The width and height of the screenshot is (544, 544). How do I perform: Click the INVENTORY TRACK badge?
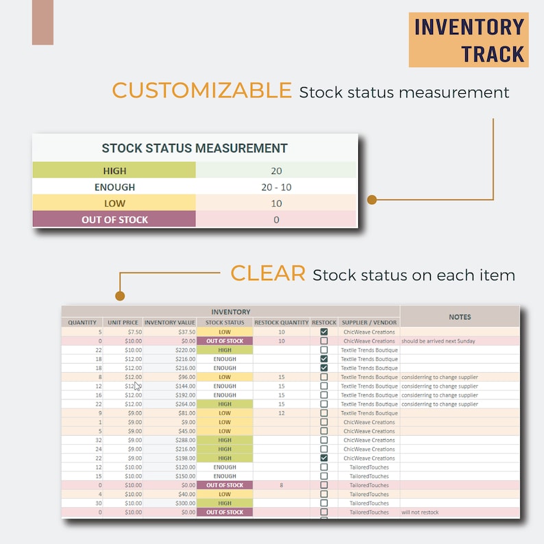coord(469,40)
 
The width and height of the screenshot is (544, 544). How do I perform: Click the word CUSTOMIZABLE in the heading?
coord(201,90)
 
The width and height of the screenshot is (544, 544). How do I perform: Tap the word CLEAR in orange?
coord(267,273)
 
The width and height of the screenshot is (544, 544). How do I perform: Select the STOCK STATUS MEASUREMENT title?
coord(195,148)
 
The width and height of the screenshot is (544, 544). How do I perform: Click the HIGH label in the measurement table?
coord(114,171)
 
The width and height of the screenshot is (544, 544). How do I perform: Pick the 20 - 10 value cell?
coord(276,187)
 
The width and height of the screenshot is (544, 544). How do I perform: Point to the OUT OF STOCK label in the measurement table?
coord(114,220)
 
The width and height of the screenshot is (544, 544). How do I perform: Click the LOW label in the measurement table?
coord(114,203)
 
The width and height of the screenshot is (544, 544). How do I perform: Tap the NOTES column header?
coord(460,317)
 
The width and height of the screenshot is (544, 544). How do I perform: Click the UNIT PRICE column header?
coord(123,323)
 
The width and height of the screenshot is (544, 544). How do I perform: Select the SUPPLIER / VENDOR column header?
coord(369,323)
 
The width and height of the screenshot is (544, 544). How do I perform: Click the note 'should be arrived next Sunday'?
coord(438,341)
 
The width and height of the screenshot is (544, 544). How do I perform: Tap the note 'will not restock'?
coord(420,512)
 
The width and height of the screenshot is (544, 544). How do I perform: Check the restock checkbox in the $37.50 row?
coord(324,332)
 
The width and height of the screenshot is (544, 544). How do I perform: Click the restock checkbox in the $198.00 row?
coord(324,458)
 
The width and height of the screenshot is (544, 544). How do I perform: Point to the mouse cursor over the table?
coord(138,386)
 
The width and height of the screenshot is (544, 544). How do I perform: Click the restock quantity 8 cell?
coord(282,485)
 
